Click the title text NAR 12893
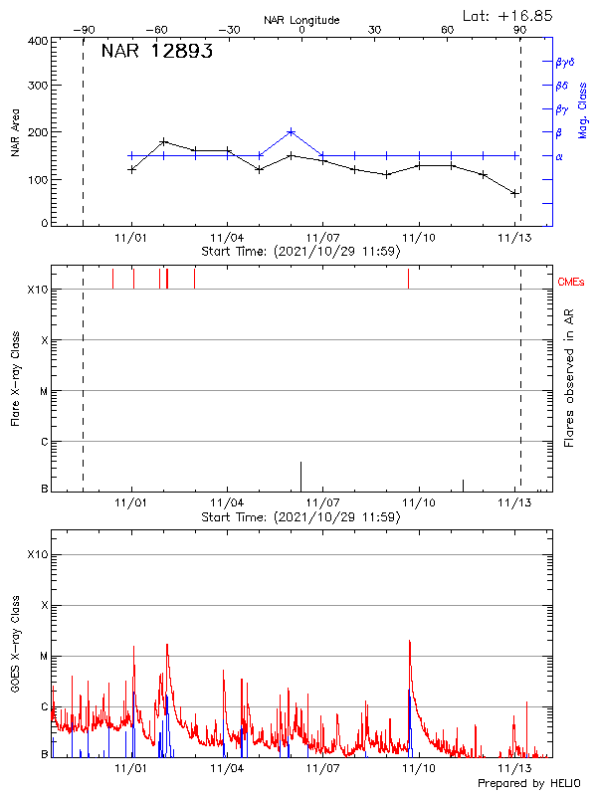pos(156,53)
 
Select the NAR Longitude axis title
pos(300,19)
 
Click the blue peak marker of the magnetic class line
pos(291,131)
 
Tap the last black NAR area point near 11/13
pos(514,193)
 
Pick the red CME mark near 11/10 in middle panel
pos(408,279)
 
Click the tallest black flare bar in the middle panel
pos(300,477)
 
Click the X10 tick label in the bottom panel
pos(38,554)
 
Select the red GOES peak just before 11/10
pos(409,643)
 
